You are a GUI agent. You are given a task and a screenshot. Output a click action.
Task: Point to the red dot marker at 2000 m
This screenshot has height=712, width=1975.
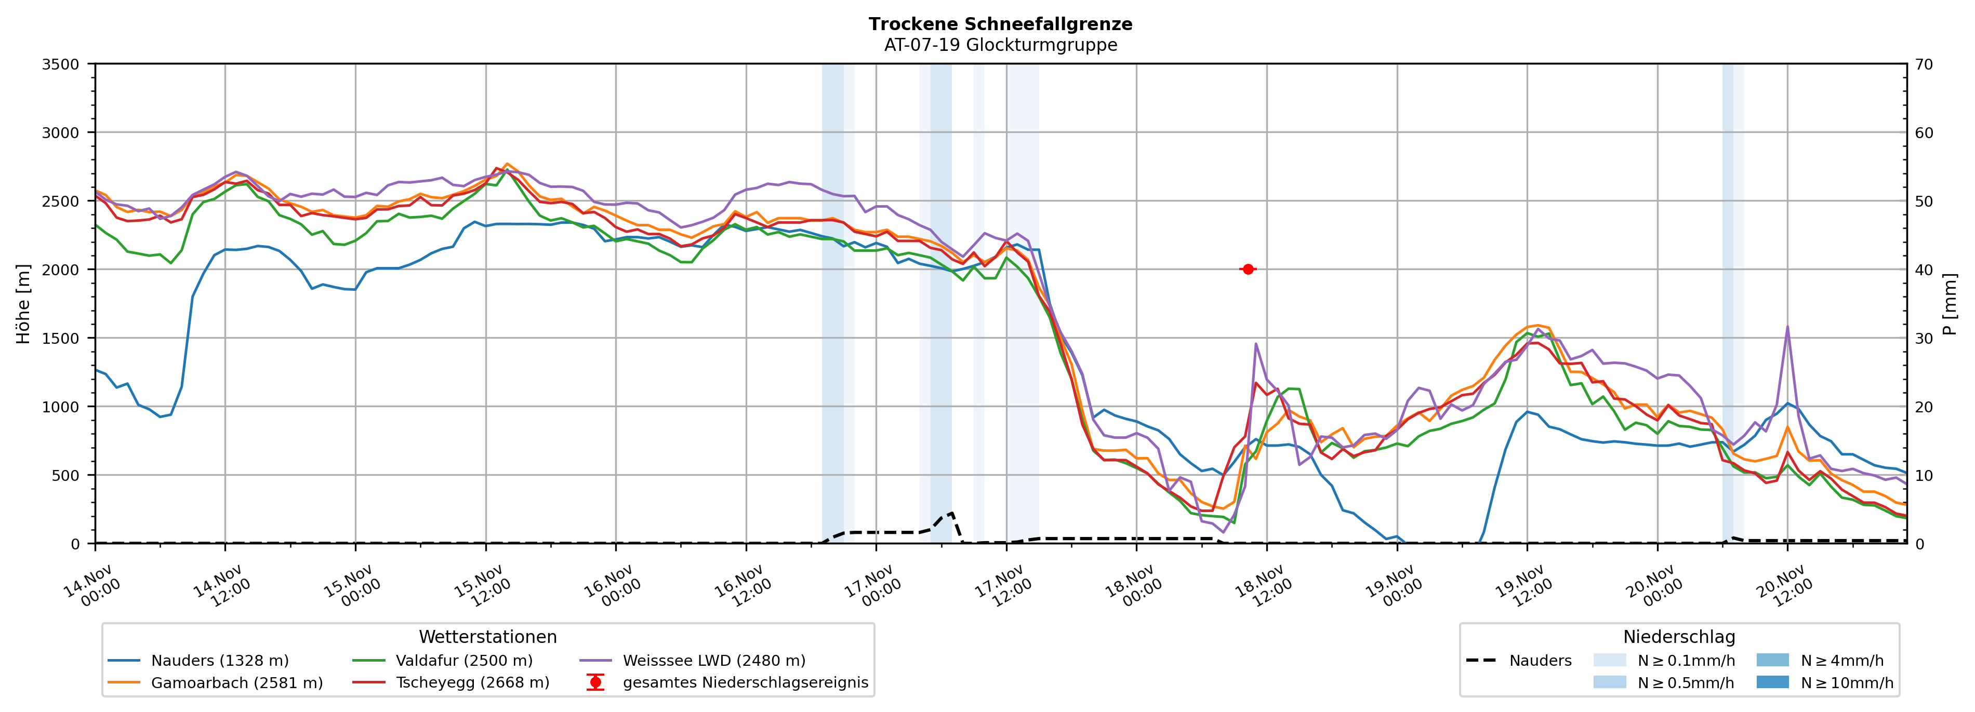tap(1248, 269)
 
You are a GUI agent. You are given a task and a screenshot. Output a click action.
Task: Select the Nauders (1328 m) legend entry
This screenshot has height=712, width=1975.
tap(219, 661)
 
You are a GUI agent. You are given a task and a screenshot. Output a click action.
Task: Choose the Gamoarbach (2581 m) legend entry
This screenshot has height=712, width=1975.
tap(236, 683)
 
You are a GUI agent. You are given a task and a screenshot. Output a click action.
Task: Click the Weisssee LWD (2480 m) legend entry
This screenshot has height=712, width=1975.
tap(713, 661)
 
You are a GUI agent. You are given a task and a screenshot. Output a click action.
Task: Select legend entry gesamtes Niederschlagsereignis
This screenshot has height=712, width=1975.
tap(745, 683)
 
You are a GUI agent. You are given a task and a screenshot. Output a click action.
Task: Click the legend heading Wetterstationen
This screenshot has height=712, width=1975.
tap(487, 637)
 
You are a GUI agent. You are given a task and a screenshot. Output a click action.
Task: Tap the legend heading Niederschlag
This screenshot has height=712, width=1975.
tap(1679, 637)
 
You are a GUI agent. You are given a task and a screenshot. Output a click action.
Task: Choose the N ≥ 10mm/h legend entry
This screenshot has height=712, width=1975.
tap(1846, 683)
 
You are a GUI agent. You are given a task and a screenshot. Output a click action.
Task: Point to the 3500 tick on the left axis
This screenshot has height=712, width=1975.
tap(61, 64)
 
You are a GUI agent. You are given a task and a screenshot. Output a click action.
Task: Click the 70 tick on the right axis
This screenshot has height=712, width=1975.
tap(1924, 64)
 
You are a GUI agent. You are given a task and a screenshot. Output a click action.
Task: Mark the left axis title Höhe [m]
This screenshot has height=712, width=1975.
tap(23, 303)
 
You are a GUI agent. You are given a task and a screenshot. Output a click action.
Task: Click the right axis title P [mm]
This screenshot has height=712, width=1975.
tap(1950, 303)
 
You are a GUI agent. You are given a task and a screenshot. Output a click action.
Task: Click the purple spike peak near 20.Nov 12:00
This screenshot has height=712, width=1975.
tap(1787, 327)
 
